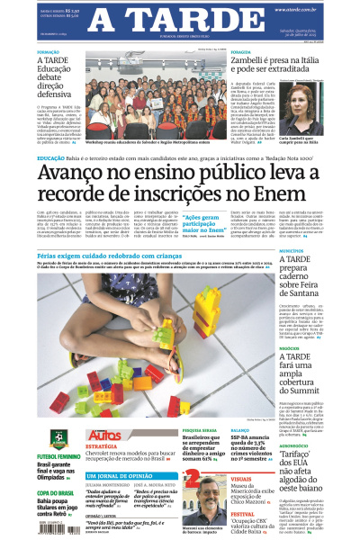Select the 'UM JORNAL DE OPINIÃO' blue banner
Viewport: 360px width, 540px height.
point(118,475)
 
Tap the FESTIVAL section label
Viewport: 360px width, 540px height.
point(243,514)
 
